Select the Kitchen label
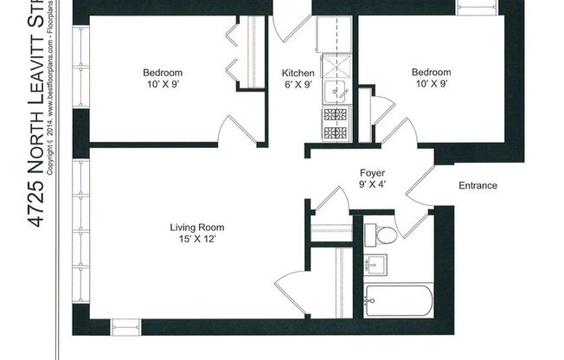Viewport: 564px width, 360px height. pyautogui.click(x=298, y=73)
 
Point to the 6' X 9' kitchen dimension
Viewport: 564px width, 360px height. pyautogui.click(x=298, y=85)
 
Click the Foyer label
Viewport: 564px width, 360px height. pyautogui.click(x=372, y=173)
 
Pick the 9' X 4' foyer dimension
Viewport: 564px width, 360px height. pyautogui.click(x=372, y=185)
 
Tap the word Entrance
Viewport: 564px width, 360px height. pyautogui.click(x=477, y=185)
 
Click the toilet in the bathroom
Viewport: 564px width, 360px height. pyautogui.click(x=381, y=234)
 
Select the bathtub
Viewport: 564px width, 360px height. pyautogui.click(x=398, y=302)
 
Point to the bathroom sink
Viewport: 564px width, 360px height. pyautogui.click(x=378, y=265)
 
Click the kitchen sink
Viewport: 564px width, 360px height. pyautogui.click(x=335, y=90)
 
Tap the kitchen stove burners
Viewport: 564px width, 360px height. pyautogui.click(x=335, y=123)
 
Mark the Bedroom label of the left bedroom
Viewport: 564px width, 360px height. pyautogui.click(x=161, y=73)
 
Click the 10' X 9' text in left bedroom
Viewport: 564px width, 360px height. pyautogui.click(x=161, y=85)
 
